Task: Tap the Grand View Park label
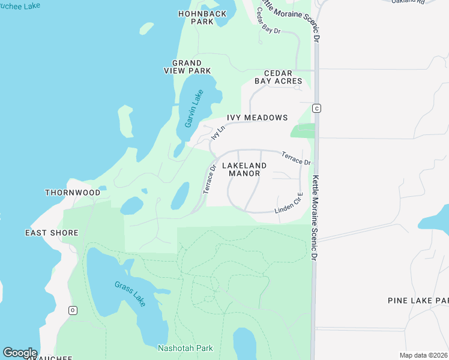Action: [187, 67]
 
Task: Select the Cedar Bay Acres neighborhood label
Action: [274, 77]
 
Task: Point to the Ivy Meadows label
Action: [257, 118]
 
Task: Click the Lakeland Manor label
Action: [244, 169]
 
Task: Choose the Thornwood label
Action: [73, 193]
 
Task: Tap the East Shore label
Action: [52, 233]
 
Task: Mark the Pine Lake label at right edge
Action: [418, 300]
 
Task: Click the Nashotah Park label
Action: [182, 347]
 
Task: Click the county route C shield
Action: [317, 108]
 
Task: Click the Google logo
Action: [20, 353]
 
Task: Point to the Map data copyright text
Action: [423, 355]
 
